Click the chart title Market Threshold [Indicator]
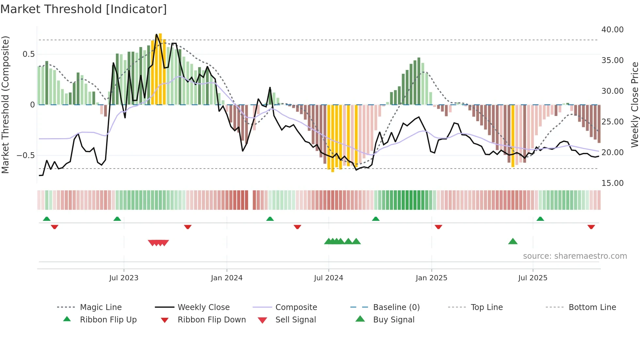pos(84,9)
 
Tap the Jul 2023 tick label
pos(124,278)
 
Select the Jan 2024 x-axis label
pos(227,278)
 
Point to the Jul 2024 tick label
pos(328,278)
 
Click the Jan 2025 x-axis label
pos(431,278)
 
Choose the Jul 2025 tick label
pos(533,278)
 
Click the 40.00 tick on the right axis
pos(612,30)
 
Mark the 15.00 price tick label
pos(612,183)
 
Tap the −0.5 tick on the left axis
pos(26,155)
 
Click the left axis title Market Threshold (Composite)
pos(5,105)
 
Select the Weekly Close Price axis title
pos(634,105)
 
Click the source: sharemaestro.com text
pos(575,256)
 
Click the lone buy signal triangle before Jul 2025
pos(513,241)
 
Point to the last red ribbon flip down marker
pos(591,227)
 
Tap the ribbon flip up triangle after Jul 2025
pos(540,219)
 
